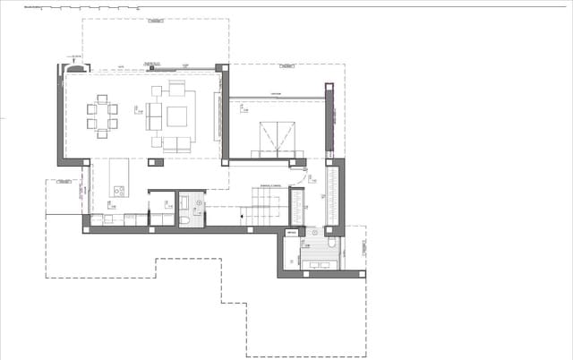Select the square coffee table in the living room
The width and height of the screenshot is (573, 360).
coord(176,116)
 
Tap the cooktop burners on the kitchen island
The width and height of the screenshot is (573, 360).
coord(118,189)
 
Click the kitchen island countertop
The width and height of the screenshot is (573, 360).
coord(118,176)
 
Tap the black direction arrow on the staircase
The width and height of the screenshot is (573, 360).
coord(244,216)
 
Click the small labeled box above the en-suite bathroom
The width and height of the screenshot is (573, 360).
coord(290,232)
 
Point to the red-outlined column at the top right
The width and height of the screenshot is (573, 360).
coord(329,87)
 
